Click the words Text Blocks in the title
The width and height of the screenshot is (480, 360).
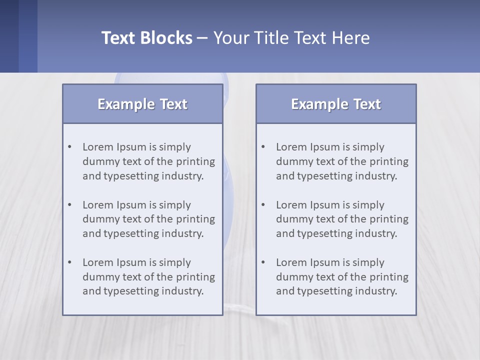[x=146, y=38]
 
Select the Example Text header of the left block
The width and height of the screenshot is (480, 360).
[x=142, y=104]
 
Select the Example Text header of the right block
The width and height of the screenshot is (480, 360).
[x=336, y=104]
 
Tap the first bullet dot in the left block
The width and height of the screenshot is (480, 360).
[x=70, y=147]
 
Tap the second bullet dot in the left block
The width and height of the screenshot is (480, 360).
[x=70, y=205]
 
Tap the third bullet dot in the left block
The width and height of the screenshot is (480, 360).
[x=70, y=262]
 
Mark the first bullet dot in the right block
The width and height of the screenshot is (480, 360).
[x=263, y=147]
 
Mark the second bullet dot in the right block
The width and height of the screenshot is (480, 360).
[x=263, y=205]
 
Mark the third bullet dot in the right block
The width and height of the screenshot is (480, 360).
[x=263, y=262]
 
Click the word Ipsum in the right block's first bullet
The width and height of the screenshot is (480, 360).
[x=325, y=147]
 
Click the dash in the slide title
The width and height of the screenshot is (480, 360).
[x=202, y=38]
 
